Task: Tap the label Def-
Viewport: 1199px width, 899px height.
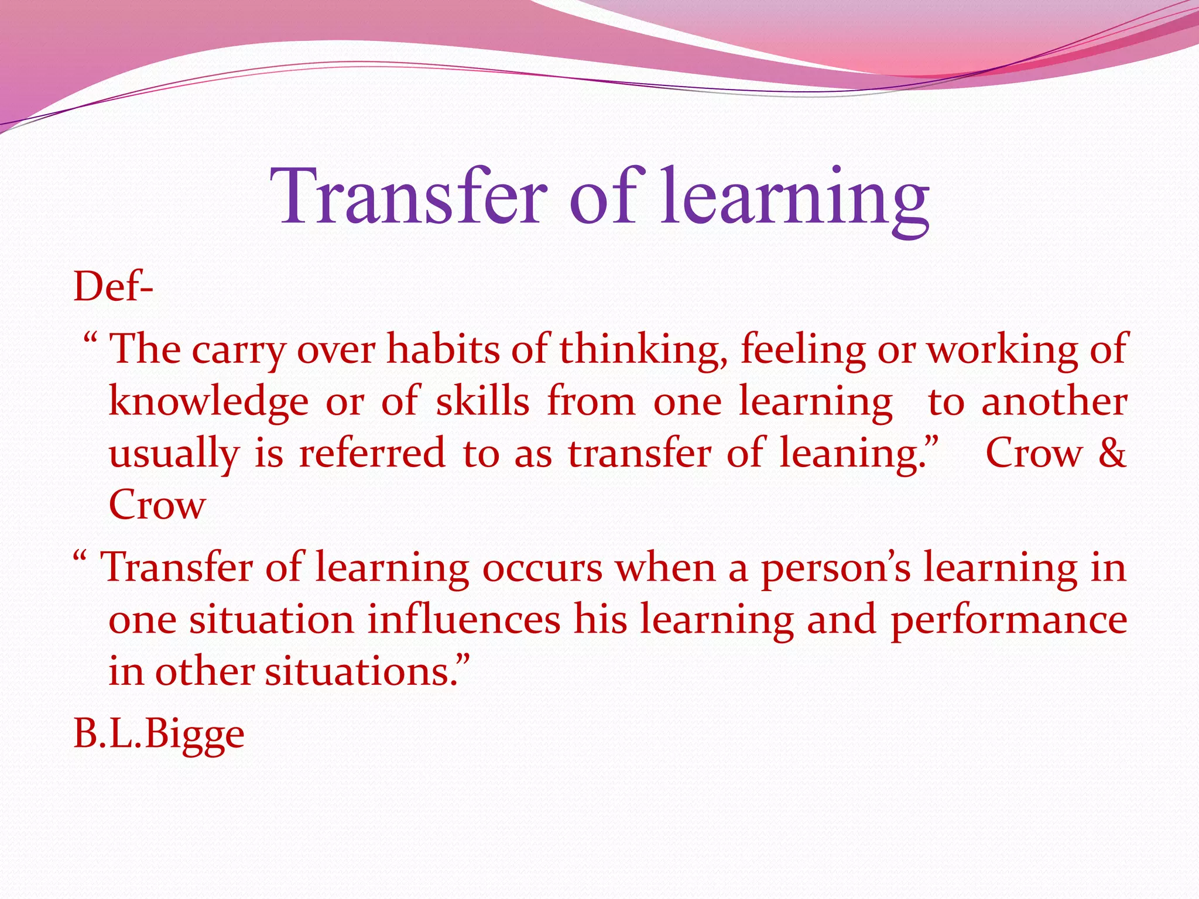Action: click(x=113, y=287)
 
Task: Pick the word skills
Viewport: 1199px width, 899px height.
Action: click(x=482, y=402)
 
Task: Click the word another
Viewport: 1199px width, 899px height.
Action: click(x=1054, y=402)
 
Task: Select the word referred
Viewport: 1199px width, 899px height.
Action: click(x=372, y=453)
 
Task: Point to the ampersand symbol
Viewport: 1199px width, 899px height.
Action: click(x=1112, y=453)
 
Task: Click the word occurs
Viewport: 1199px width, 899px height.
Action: click(x=542, y=568)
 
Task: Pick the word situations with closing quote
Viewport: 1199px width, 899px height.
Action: click(x=367, y=671)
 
